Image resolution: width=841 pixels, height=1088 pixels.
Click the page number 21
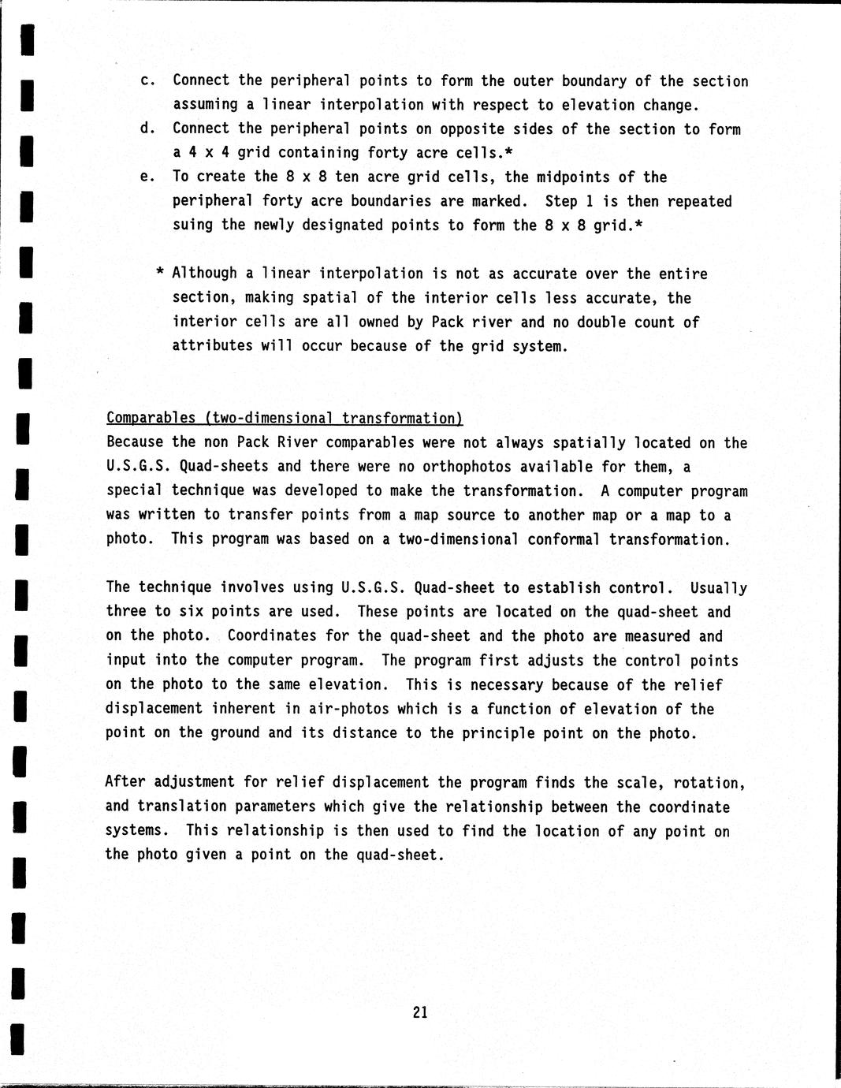click(419, 1012)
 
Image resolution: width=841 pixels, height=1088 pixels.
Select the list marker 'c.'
click(147, 80)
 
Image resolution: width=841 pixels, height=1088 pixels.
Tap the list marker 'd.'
click(147, 129)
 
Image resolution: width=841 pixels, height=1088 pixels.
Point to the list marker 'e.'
click(147, 177)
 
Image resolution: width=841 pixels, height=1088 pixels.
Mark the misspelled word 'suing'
click(193, 225)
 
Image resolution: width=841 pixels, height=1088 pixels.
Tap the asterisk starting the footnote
click(159, 273)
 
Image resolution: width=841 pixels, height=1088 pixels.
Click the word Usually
click(718, 587)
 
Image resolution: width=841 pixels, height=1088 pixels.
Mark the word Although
click(205, 273)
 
